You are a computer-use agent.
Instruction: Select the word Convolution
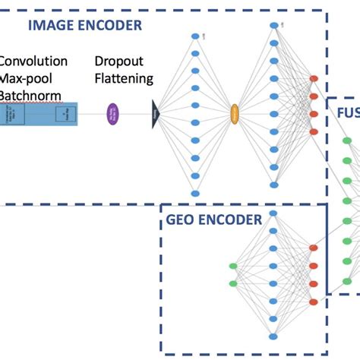pos(33,62)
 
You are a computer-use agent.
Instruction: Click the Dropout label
pos(118,62)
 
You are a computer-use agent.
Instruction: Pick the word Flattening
pos(124,78)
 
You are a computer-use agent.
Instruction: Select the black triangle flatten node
pos(156,114)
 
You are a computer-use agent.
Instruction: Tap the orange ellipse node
pos(235,114)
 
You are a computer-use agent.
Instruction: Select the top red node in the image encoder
pos(314,79)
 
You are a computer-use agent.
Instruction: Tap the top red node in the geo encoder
pos(314,248)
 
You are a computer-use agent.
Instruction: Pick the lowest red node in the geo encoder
pos(314,302)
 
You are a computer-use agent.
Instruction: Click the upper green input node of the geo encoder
pos(233,266)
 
